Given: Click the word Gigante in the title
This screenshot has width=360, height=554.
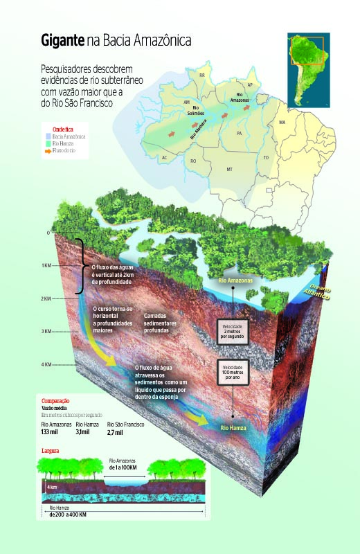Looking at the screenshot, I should point(62,42).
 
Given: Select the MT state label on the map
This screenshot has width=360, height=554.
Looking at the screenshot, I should point(229,168).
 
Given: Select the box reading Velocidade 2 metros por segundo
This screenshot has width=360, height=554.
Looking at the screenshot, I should point(233,330).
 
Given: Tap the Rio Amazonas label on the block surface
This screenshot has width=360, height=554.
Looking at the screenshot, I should point(235,281).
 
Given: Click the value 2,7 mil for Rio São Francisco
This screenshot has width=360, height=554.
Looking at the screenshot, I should point(115,433).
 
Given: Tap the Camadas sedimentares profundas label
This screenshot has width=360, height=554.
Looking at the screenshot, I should point(165,323).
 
